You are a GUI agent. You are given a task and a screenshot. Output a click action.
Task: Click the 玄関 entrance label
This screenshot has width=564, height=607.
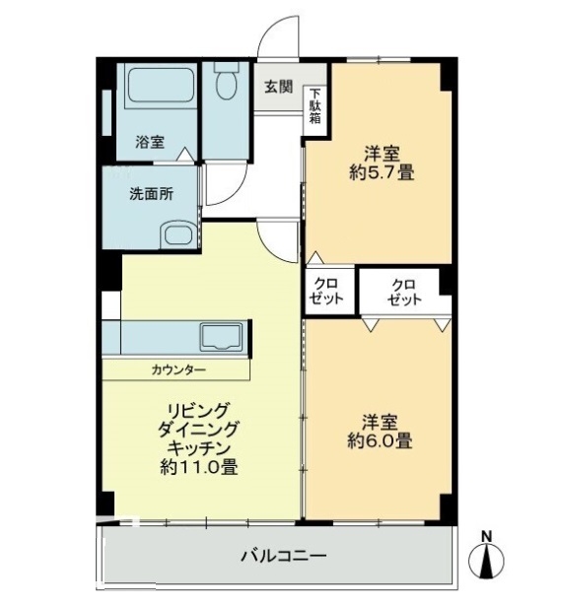[x=278, y=86]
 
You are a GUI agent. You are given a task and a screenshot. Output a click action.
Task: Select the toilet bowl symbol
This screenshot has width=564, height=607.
[x=228, y=83]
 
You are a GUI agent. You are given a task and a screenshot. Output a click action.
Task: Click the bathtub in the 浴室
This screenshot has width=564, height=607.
[x=156, y=92]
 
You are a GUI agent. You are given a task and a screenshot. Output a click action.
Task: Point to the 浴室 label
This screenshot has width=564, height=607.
[x=149, y=141]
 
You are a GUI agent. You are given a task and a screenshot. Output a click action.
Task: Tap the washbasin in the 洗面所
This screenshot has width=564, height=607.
[x=177, y=235]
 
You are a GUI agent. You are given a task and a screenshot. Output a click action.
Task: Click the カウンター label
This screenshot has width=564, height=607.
[x=178, y=371]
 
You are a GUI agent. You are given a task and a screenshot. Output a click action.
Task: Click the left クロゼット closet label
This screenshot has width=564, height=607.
[x=328, y=292]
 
